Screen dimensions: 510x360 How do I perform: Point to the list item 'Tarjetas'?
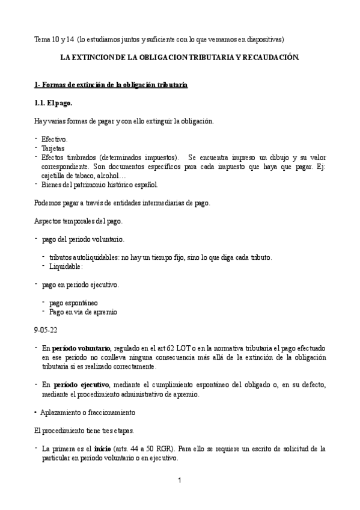(53, 148)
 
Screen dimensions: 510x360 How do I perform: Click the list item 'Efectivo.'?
(55, 139)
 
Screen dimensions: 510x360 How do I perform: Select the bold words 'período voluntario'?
(81, 348)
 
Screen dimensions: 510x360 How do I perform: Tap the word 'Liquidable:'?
(66, 266)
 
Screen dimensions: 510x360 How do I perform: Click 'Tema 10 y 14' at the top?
(54, 39)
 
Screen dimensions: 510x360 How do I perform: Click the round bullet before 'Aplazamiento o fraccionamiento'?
(35, 413)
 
